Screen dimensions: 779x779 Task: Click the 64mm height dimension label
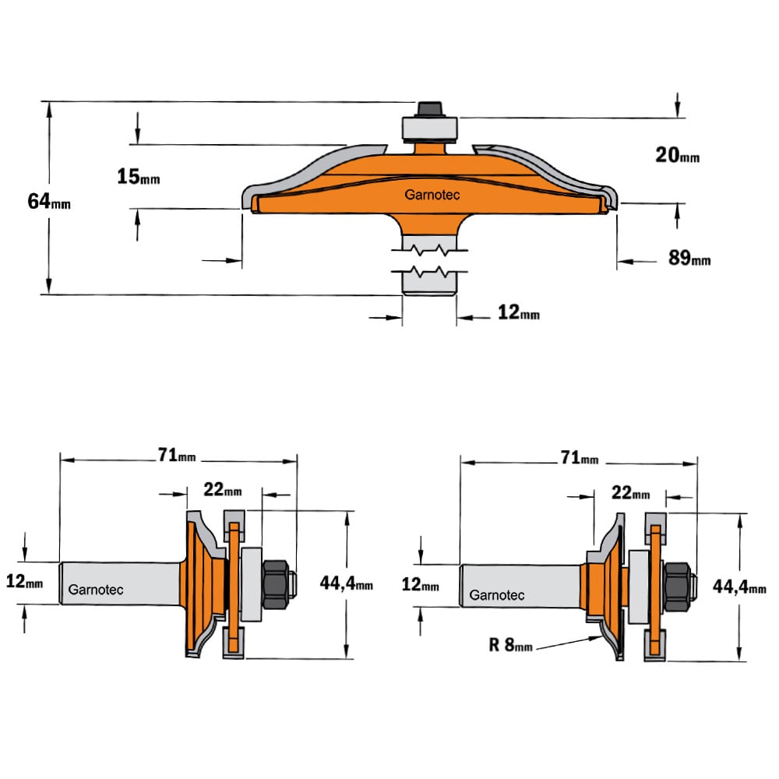(48, 201)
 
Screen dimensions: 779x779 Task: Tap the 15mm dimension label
(138, 176)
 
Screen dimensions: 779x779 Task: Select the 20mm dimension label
(677, 155)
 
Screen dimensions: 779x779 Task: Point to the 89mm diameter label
(689, 257)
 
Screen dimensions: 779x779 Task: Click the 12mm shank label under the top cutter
(518, 312)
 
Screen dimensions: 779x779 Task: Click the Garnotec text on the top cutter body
(432, 195)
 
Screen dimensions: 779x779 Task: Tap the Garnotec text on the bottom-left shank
(95, 590)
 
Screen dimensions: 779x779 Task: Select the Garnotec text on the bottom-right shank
(497, 595)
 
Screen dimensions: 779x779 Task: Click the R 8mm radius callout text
(511, 645)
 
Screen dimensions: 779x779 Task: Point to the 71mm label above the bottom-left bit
(177, 455)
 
